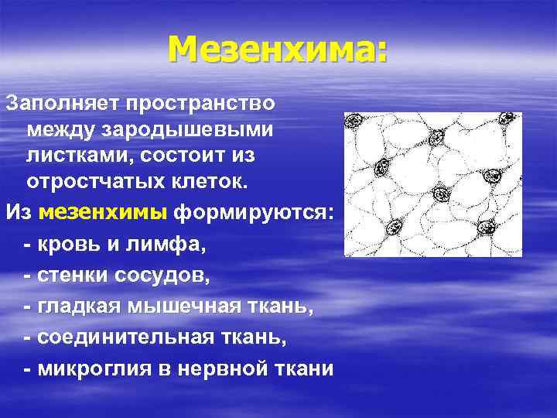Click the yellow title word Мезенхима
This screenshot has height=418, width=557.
tap(278, 50)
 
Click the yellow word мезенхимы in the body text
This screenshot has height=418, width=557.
tap(104, 211)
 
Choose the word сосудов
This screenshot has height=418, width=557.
tap(164, 276)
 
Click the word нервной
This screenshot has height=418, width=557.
tap(232, 369)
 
